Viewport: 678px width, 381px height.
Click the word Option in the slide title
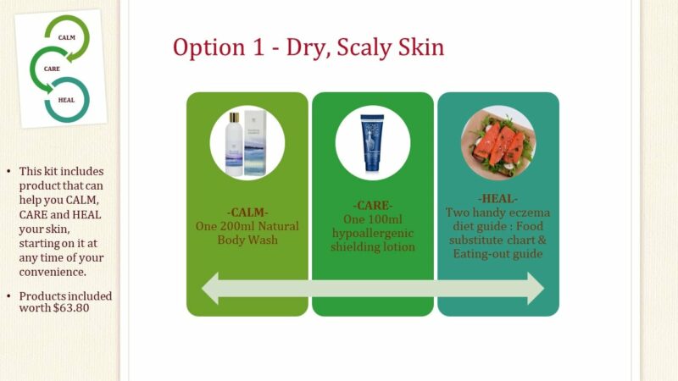pyautogui.click(x=208, y=47)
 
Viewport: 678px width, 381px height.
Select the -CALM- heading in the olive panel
pyautogui.click(x=247, y=213)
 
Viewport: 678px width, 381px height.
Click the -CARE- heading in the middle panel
pyautogui.click(x=373, y=206)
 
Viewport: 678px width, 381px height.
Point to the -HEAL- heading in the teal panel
pyautogui.click(x=498, y=199)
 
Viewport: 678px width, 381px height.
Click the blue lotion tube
pyautogui.click(x=372, y=142)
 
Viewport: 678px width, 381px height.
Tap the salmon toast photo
pyautogui.click(x=498, y=142)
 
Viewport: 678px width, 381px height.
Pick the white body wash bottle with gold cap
pyautogui.click(x=234, y=144)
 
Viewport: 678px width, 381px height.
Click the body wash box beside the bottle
pyautogui.click(x=255, y=143)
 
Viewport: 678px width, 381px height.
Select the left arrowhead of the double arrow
pyautogui.click(x=210, y=289)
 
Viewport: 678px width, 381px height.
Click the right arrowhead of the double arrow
pyautogui.click(x=536, y=289)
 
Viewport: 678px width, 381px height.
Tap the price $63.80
pyautogui.click(x=71, y=308)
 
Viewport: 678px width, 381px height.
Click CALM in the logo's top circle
pyautogui.click(x=67, y=37)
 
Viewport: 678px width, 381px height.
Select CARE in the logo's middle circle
pyautogui.click(x=52, y=69)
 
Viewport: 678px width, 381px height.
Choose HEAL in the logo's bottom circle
pyautogui.click(x=66, y=100)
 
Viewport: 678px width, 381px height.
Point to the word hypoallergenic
pyautogui.click(x=373, y=234)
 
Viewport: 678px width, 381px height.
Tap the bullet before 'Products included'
pyautogui.click(x=8, y=295)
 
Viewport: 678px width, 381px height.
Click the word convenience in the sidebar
pyautogui.click(x=53, y=272)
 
